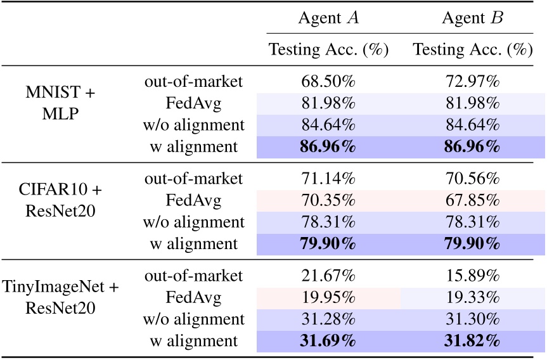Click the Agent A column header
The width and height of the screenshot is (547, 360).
pos(328,18)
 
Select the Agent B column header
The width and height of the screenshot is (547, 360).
pos(472,18)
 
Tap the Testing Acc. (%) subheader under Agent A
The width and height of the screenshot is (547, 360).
pos(328,49)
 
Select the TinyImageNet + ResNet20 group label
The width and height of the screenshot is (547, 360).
pos(60,299)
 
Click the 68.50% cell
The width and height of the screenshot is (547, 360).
pos(328,82)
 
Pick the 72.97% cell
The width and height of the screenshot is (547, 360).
pos(472,82)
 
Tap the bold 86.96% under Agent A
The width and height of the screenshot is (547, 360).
pos(328,147)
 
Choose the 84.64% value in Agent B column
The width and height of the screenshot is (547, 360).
pos(472,125)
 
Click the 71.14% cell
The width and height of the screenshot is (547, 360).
pos(328,179)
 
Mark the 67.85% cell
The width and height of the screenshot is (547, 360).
pos(472,200)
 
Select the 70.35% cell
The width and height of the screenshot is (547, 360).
pos(328,200)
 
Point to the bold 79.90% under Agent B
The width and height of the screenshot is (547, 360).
pos(472,244)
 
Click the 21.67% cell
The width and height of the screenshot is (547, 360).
pos(328,276)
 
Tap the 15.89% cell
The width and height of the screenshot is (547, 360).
pos(472,276)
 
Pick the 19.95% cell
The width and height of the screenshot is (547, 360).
pos(328,297)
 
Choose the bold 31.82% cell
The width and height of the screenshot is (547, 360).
pos(472,341)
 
